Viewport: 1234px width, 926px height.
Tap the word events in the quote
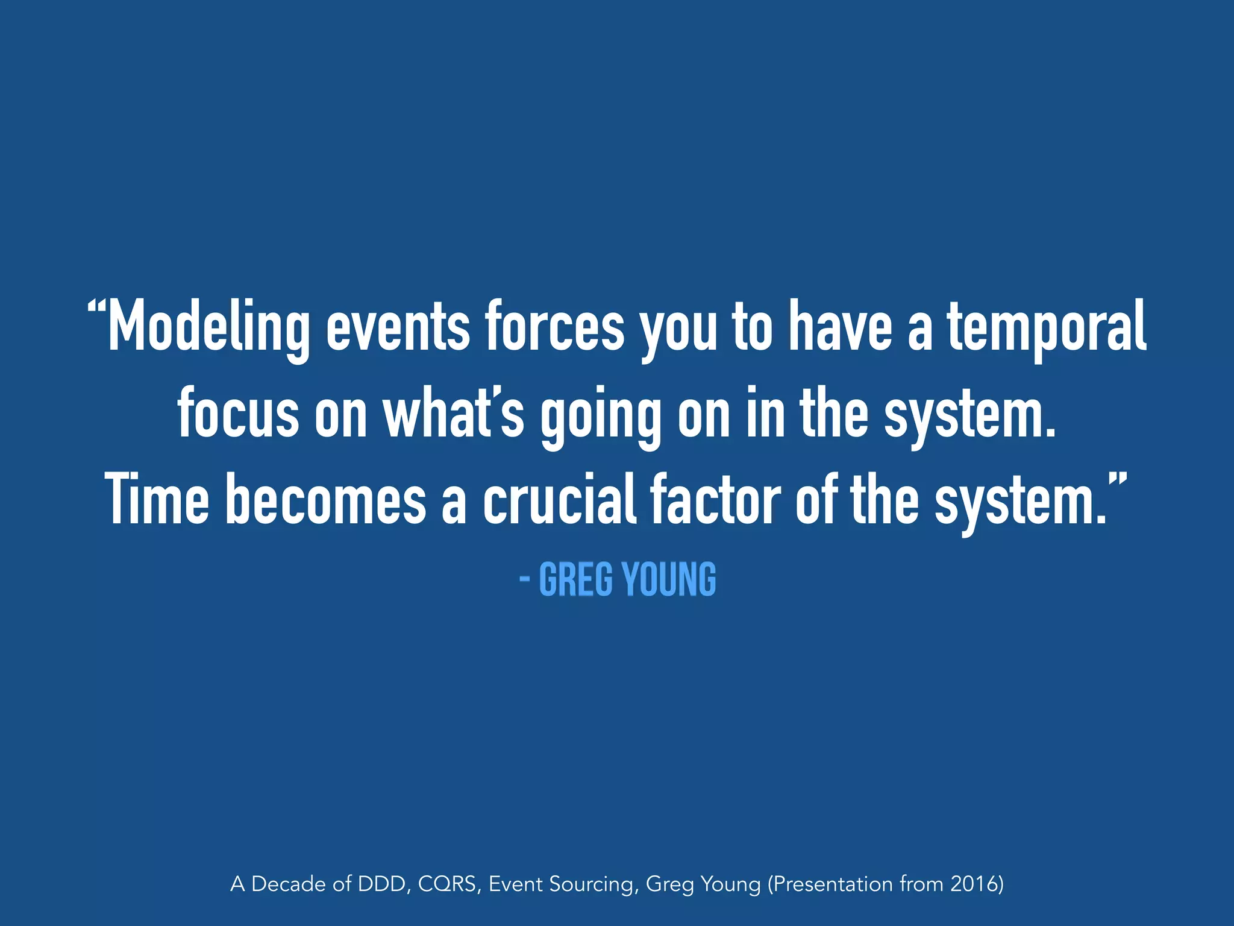(398, 327)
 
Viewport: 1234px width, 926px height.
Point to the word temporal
(1047, 327)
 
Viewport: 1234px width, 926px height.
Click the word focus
(238, 414)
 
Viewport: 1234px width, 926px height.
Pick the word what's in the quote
(454, 414)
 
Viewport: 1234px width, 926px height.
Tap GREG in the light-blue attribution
(575, 579)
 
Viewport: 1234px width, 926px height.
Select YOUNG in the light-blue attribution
(669, 579)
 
